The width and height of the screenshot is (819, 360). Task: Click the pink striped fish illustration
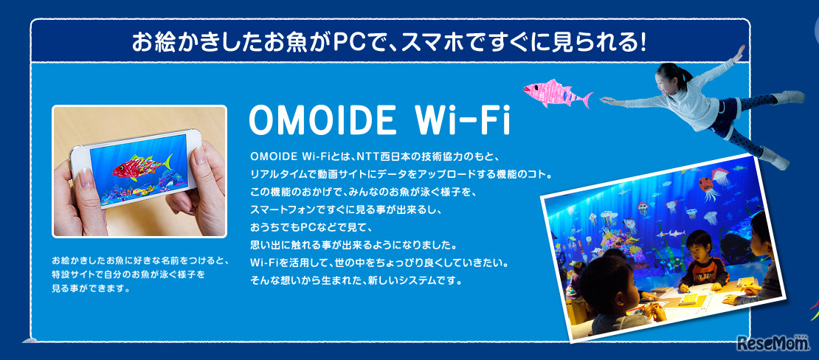click(x=557, y=94)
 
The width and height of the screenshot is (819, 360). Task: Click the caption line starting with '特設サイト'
click(x=128, y=274)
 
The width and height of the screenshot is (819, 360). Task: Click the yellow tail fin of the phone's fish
click(x=167, y=162)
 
